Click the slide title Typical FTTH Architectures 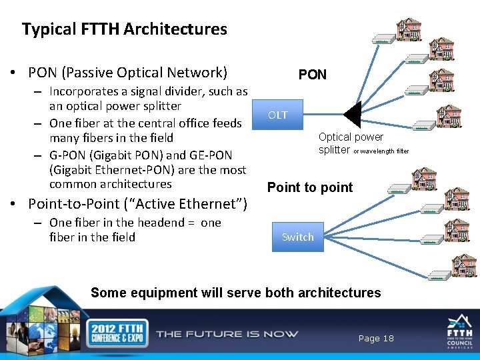pyautogui.click(x=125, y=29)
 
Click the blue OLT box pyautogui.click(x=278, y=115)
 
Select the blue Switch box pyautogui.click(x=297, y=237)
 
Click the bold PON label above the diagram pyautogui.click(x=312, y=75)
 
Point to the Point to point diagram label pyautogui.click(x=310, y=187)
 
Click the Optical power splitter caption pyautogui.click(x=351, y=143)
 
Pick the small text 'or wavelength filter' pyautogui.click(x=381, y=151)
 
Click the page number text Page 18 pyautogui.click(x=376, y=339)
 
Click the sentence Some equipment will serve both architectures pyautogui.click(x=235, y=293)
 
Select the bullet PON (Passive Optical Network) pyautogui.click(x=127, y=72)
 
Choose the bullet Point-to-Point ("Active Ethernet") pyautogui.click(x=137, y=203)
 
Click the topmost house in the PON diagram pyautogui.click(x=409, y=29)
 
